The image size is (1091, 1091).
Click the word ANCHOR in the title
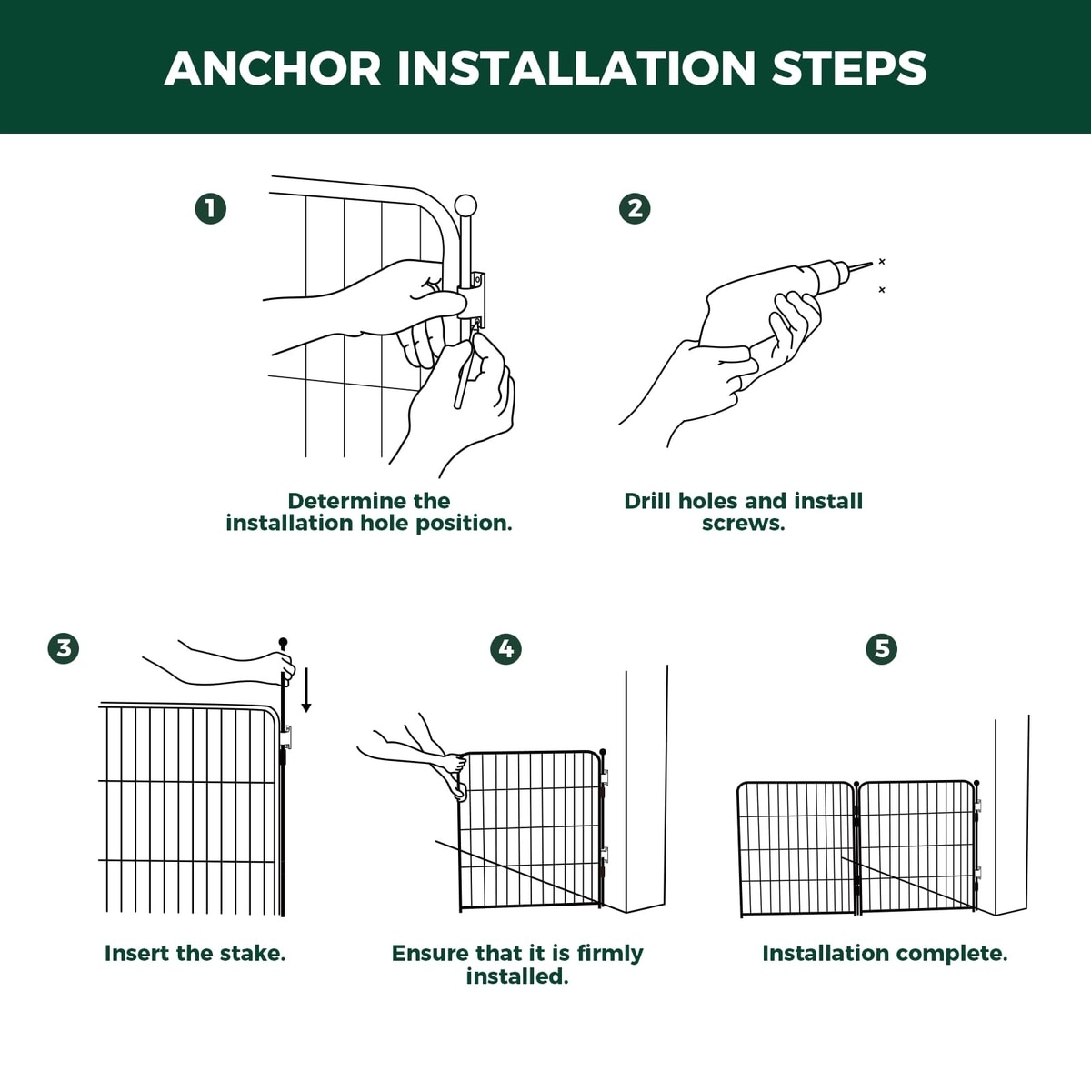coord(273,68)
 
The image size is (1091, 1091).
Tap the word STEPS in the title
coord(849,68)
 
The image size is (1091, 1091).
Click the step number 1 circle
coord(211,209)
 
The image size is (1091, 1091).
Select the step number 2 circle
coord(635,209)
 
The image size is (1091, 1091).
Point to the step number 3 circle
coord(64,648)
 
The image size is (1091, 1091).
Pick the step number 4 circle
coord(505,649)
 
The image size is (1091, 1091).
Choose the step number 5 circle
coord(882,649)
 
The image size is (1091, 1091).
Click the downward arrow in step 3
coord(306,689)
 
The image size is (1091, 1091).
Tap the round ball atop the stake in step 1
coord(465,205)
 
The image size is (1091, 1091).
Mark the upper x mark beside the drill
coord(882,261)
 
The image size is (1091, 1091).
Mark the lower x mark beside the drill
coord(882,290)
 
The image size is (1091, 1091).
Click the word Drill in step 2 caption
coord(647,501)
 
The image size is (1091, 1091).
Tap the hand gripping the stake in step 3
coord(281,667)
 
